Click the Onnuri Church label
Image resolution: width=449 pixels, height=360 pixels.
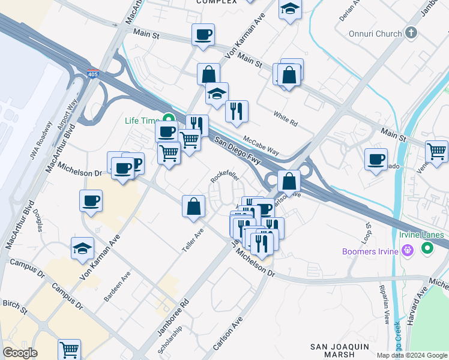376,34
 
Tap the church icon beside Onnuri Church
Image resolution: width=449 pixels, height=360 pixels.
411,32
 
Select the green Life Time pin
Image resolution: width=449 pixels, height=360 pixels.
169,120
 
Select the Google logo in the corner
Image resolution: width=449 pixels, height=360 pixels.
20,353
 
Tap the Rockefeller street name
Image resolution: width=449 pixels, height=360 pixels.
225,175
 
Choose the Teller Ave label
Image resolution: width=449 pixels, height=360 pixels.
193,240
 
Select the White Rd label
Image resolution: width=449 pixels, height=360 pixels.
285,118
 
